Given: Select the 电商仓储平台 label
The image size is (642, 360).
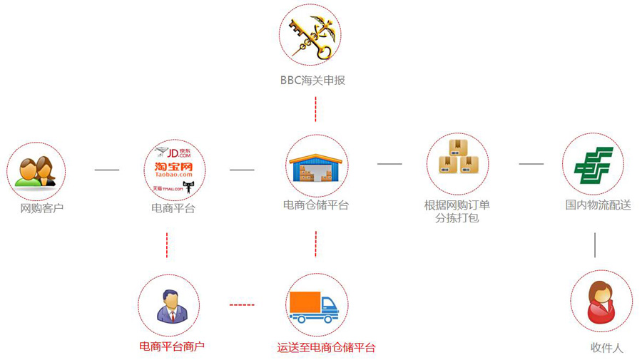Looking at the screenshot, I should coord(316,205).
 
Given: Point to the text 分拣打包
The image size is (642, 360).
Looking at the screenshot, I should coord(457,218).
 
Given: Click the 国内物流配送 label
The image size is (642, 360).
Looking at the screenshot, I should coord(598,205).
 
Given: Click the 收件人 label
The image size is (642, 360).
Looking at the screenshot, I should coord(607,348).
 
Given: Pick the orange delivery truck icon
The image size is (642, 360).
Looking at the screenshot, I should coord(314,307).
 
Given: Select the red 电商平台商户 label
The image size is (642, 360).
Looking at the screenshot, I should coord(172,346).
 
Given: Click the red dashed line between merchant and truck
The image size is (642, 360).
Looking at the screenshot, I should coord(242,305).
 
